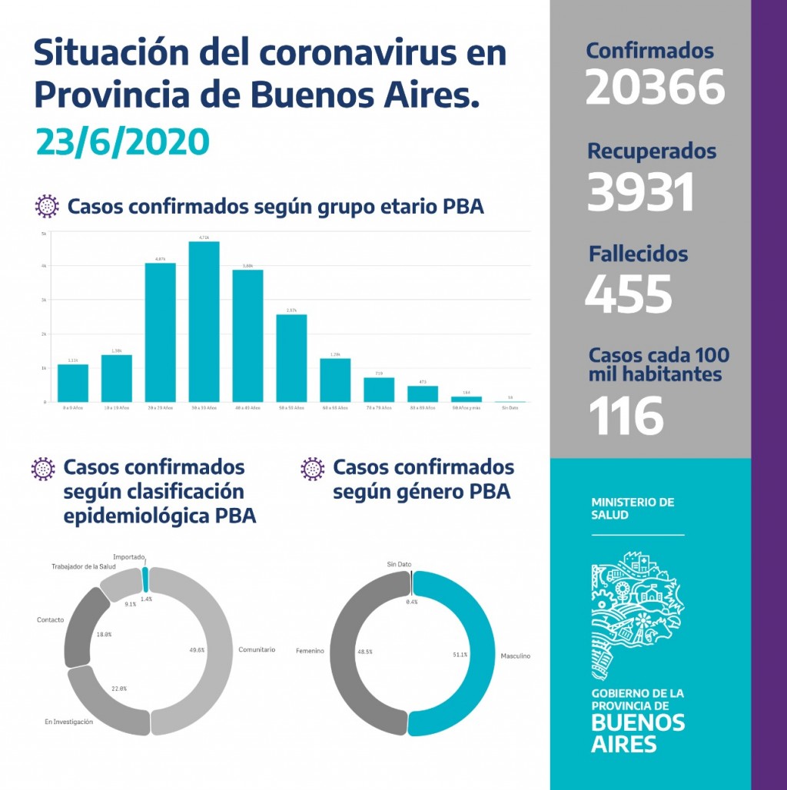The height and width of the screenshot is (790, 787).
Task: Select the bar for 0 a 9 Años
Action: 73,383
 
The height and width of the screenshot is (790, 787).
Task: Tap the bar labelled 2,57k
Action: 291,358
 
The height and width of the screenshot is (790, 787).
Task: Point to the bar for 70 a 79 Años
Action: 379,390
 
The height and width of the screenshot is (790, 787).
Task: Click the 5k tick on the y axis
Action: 44,232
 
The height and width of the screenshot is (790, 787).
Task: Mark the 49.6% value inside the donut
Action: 197,649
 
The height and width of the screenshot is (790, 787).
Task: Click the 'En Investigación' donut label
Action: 68,722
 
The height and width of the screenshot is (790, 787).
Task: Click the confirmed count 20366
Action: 655,87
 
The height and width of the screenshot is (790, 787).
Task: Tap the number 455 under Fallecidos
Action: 628,293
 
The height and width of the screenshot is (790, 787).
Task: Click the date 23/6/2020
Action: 122,141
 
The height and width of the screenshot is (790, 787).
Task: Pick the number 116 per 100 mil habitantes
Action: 626,416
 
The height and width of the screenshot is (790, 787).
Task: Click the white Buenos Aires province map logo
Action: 636,616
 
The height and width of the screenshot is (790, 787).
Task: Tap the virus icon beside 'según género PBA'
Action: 312,468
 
